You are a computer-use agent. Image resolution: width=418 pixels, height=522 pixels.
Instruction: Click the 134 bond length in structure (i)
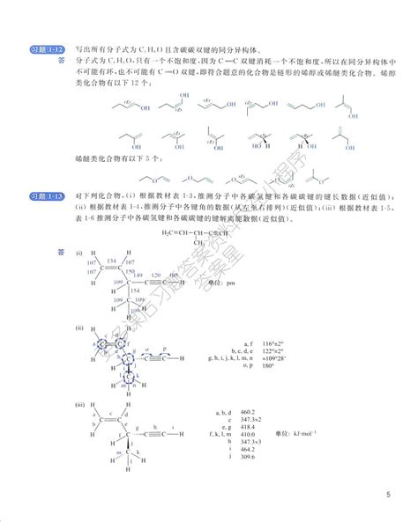(x=112, y=261)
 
